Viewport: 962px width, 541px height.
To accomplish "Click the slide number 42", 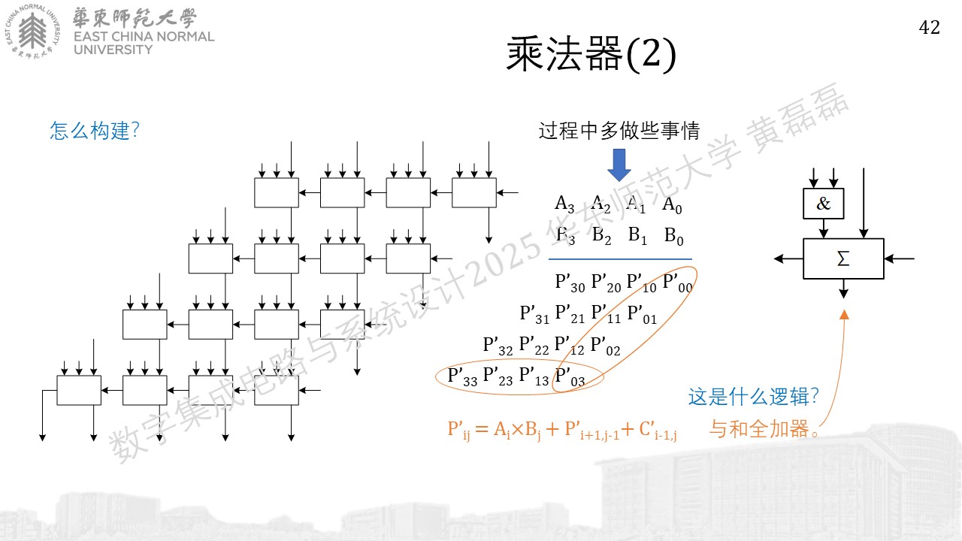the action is (x=929, y=28).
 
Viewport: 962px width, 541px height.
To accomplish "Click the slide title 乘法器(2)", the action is (x=591, y=54).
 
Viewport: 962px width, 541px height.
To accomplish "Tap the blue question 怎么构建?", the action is (x=95, y=130).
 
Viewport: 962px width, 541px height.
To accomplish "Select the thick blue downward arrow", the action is (x=619, y=165).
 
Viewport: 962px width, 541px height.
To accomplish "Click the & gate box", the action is (x=823, y=204).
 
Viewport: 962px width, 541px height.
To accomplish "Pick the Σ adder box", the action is (x=843, y=258).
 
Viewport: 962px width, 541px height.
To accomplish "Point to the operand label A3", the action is (x=564, y=204).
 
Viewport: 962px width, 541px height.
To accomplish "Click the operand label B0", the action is (x=673, y=236).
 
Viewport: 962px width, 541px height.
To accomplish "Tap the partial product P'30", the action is (x=570, y=283).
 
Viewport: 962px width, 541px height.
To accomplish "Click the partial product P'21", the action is (x=570, y=314).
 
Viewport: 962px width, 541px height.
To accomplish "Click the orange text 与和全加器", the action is (x=759, y=428).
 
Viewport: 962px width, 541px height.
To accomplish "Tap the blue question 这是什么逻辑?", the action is (x=754, y=396).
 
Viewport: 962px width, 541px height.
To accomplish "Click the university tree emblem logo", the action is (x=32, y=32).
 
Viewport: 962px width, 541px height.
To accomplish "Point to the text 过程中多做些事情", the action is (x=619, y=131).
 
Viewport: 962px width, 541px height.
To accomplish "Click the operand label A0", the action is (x=672, y=204).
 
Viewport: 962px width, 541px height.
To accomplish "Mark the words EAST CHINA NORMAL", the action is (x=144, y=37).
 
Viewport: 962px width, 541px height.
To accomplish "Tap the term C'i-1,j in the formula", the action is (x=658, y=430).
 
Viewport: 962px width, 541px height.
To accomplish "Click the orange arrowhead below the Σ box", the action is (x=844, y=315).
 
